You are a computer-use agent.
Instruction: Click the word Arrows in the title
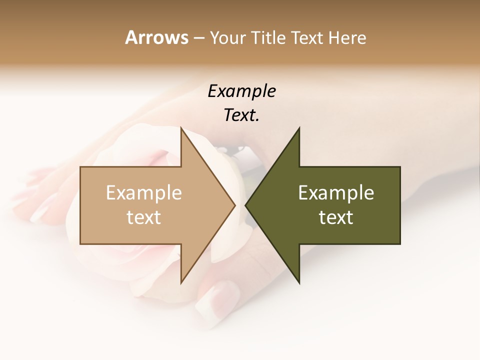[x=156, y=37]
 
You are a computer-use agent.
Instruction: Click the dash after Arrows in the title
[x=198, y=38]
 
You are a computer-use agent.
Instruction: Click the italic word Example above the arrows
[x=242, y=91]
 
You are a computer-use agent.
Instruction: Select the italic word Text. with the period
[x=242, y=115]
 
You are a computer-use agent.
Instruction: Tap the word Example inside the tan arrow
[x=144, y=193]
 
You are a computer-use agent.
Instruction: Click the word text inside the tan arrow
[x=144, y=217]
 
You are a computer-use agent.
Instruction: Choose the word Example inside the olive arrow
[x=336, y=193]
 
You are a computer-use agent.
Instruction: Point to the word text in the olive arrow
[x=336, y=217]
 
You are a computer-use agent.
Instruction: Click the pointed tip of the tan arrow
[x=235, y=205]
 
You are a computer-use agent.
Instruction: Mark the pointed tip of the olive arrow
[x=245, y=205]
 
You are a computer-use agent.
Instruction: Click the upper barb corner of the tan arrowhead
[x=181, y=128]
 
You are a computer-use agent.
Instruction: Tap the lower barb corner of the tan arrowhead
[x=181, y=283]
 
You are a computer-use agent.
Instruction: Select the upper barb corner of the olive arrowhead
[x=299, y=128]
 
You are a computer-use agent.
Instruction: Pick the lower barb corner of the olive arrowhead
[x=299, y=283]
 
